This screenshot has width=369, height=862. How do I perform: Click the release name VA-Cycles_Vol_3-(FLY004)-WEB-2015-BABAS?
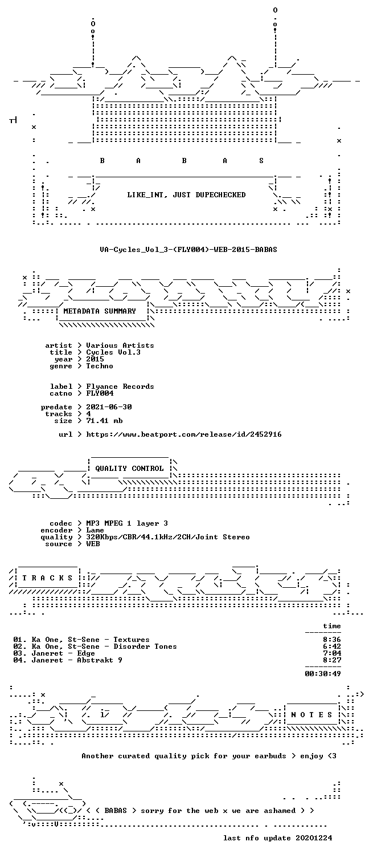click(188, 249)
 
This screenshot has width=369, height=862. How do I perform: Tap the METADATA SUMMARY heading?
click(100, 311)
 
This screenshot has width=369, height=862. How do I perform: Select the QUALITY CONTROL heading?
click(129, 468)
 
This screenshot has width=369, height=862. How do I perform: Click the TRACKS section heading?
click(47, 578)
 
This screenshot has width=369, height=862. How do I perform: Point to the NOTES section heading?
click(311, 714)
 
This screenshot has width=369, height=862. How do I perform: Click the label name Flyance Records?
click(120, 387)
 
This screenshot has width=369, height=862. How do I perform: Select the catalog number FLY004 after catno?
click(100, 393)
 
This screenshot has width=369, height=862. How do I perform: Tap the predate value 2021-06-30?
click(109, 406)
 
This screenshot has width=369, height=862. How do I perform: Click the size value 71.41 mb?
click(104, 421)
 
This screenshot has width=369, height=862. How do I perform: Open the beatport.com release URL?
click(184, 434)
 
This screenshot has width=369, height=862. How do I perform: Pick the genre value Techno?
click(100, 366)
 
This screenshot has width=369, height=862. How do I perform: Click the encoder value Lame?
click(95, 530)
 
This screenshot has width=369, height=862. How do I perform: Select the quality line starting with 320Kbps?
click(168, 537)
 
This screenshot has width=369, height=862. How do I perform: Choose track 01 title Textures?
click(132, 640)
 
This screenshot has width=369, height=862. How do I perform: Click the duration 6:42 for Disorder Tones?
click(332, 646)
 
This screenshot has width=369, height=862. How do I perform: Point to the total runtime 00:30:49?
click(323, 673)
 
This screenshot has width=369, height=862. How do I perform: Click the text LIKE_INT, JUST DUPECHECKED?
click(186, 195)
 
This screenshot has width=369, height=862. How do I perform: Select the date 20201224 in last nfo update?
click(314, 837)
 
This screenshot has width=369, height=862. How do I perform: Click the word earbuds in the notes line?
click(270, 756)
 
